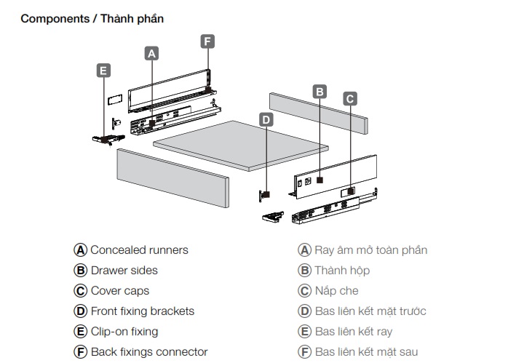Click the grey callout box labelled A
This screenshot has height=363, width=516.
(x=151, y=53)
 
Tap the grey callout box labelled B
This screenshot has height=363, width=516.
(x=319, y=92)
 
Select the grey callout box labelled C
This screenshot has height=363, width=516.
(x=350, y=98)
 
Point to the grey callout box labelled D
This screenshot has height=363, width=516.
(x=266, y=119)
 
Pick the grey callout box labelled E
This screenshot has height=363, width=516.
(x=103, y=71)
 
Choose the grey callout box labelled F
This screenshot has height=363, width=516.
(x=207, y=41)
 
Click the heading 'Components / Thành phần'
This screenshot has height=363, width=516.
(x=92, y=18)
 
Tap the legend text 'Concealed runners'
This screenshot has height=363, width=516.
(x=139, y=250)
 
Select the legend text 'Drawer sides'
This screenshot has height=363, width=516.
(x=124, y=270)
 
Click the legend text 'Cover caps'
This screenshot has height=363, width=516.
(x=119, y=290)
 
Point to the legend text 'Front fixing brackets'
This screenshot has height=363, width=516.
(x=142, y=311)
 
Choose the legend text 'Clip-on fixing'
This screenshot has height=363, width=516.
(x=124, y=331)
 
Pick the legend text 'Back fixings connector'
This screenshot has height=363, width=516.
(x=149, y=351)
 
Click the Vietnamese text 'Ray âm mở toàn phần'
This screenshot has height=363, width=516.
(x=370, y=250)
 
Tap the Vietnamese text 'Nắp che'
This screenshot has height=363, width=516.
(x=337, y=290)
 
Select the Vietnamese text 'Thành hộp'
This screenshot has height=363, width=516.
(x=342, y=270)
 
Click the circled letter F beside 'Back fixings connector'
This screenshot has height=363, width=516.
(x=81, y=351)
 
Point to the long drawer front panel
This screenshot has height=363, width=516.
(x=172, y=178)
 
